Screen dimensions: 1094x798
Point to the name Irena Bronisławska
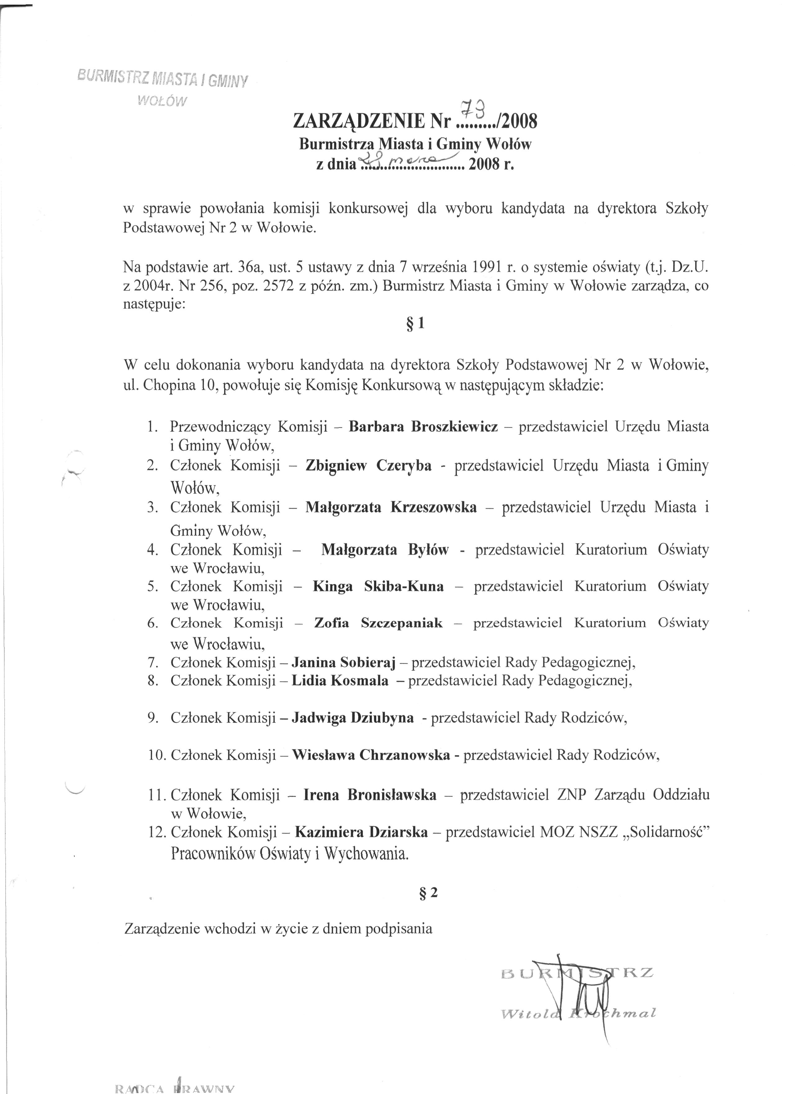coord(370,795)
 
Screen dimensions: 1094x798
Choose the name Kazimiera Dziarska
coord(361,832)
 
